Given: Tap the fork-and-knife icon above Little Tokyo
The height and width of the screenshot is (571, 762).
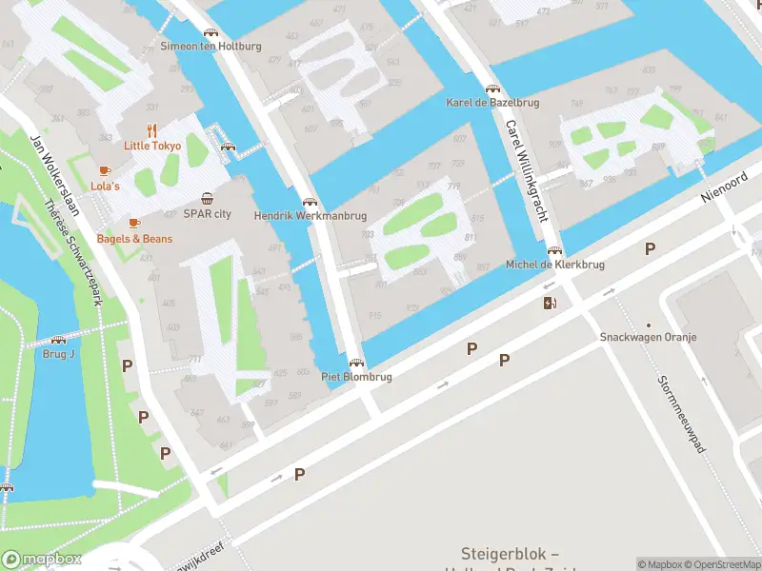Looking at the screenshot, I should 150,129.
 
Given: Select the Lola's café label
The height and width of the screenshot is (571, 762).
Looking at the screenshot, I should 105,186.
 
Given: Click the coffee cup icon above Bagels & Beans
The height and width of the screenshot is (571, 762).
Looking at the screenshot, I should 134,223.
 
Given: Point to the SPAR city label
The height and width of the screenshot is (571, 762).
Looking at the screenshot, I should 207,214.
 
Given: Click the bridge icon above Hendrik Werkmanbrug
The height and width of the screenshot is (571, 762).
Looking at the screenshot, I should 309,202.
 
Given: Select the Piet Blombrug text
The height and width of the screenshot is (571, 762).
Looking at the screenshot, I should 356,377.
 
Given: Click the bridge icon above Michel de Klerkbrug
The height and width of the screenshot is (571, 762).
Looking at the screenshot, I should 554,250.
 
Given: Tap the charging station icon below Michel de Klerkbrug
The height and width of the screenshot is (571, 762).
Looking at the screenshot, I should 549,304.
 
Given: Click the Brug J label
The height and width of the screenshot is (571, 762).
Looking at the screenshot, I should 58,354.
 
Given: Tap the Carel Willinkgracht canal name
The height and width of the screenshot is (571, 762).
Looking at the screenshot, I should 526,170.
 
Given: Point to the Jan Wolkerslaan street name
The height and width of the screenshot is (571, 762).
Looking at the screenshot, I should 52,167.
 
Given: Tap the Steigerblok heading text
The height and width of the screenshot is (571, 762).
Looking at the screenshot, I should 509,554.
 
